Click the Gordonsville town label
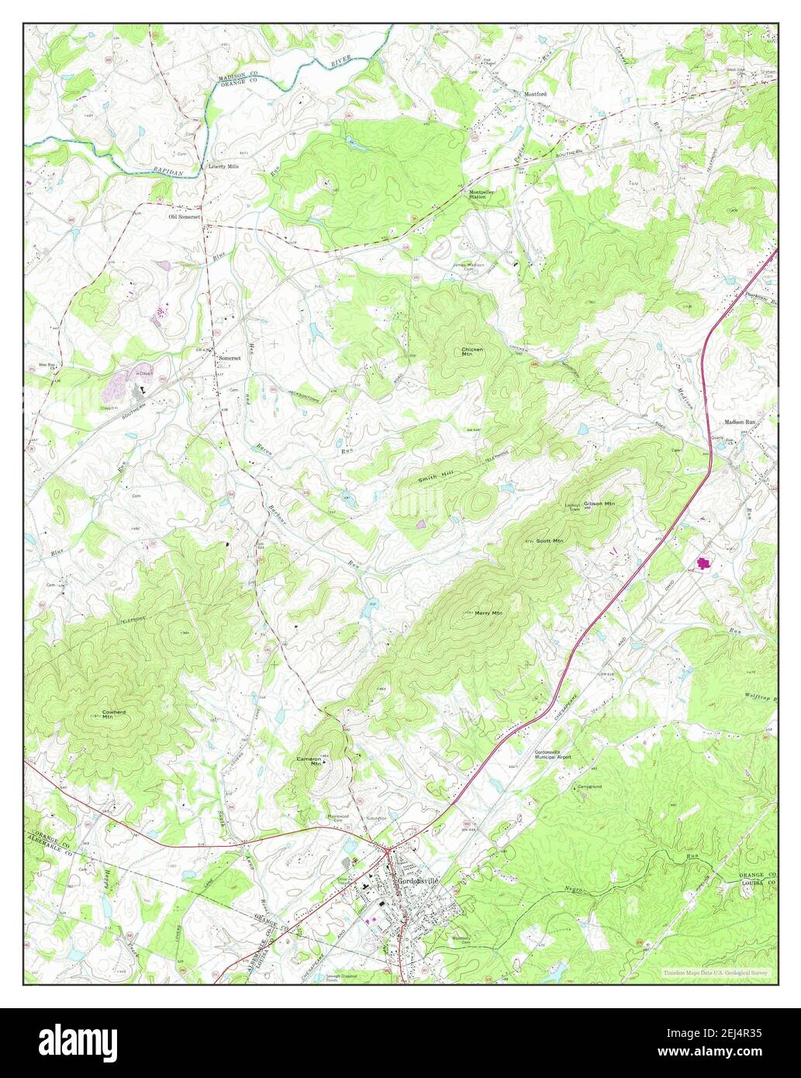pos(418,881)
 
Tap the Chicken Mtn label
pos(472,352)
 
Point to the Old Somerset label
pos(185,217)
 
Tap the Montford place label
pos(536,94)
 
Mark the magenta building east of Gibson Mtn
pos(704,563)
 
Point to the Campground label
pos(589,786)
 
